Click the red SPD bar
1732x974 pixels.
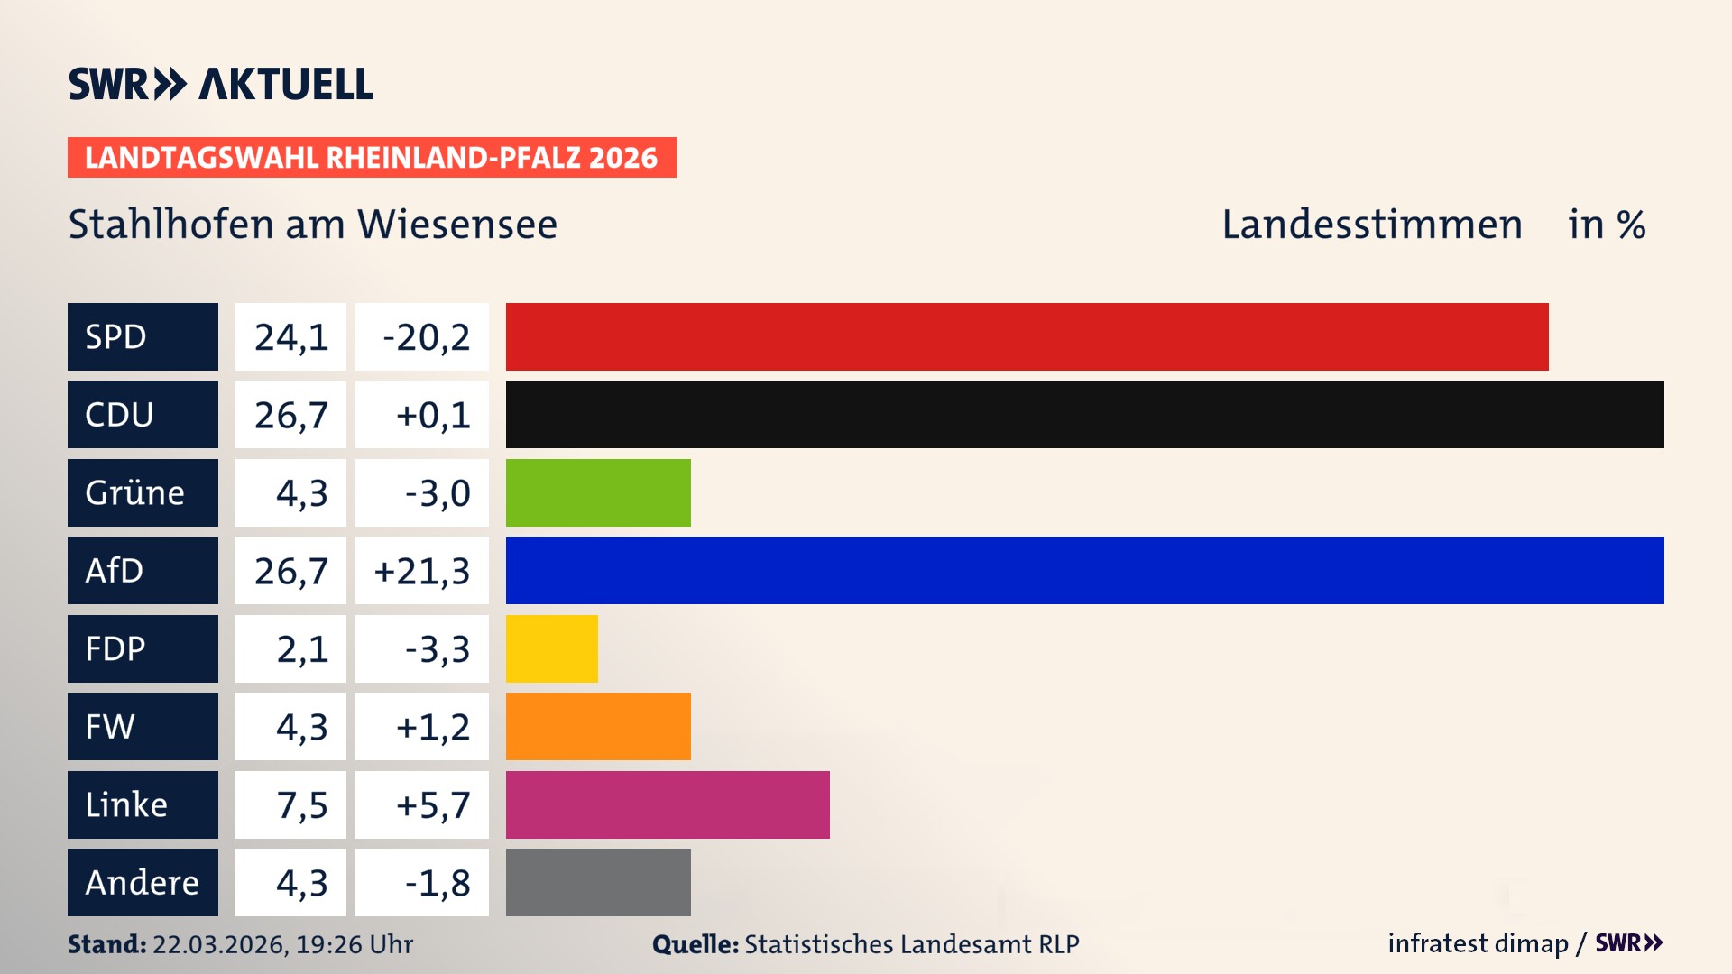pos(1027,336)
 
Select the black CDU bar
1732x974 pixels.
pos(1084,414)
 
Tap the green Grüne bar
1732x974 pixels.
pos(598,492)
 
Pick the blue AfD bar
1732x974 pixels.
pos(1084,570)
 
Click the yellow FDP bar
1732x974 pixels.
pos(551,648)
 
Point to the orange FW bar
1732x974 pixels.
pos(598,726)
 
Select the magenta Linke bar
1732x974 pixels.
pos(668,804)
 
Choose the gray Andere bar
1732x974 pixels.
pos(598,882)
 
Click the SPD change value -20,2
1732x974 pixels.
pos(426,337)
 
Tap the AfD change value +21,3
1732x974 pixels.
pos(422,571)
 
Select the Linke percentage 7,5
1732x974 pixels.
pos(301,804)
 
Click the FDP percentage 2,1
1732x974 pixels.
pos(301,648)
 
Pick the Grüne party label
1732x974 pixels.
pos(135,492)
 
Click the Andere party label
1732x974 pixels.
pos(142,882)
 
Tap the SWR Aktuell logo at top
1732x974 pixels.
pos(220,84)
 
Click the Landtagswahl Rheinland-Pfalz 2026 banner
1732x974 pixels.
pos(371,158)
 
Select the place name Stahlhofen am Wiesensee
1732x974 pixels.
pos(312,225)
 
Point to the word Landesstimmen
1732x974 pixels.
pos(1371,225)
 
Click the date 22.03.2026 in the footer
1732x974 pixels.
pos(219,944)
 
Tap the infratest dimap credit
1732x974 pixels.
pos(1478,943)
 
